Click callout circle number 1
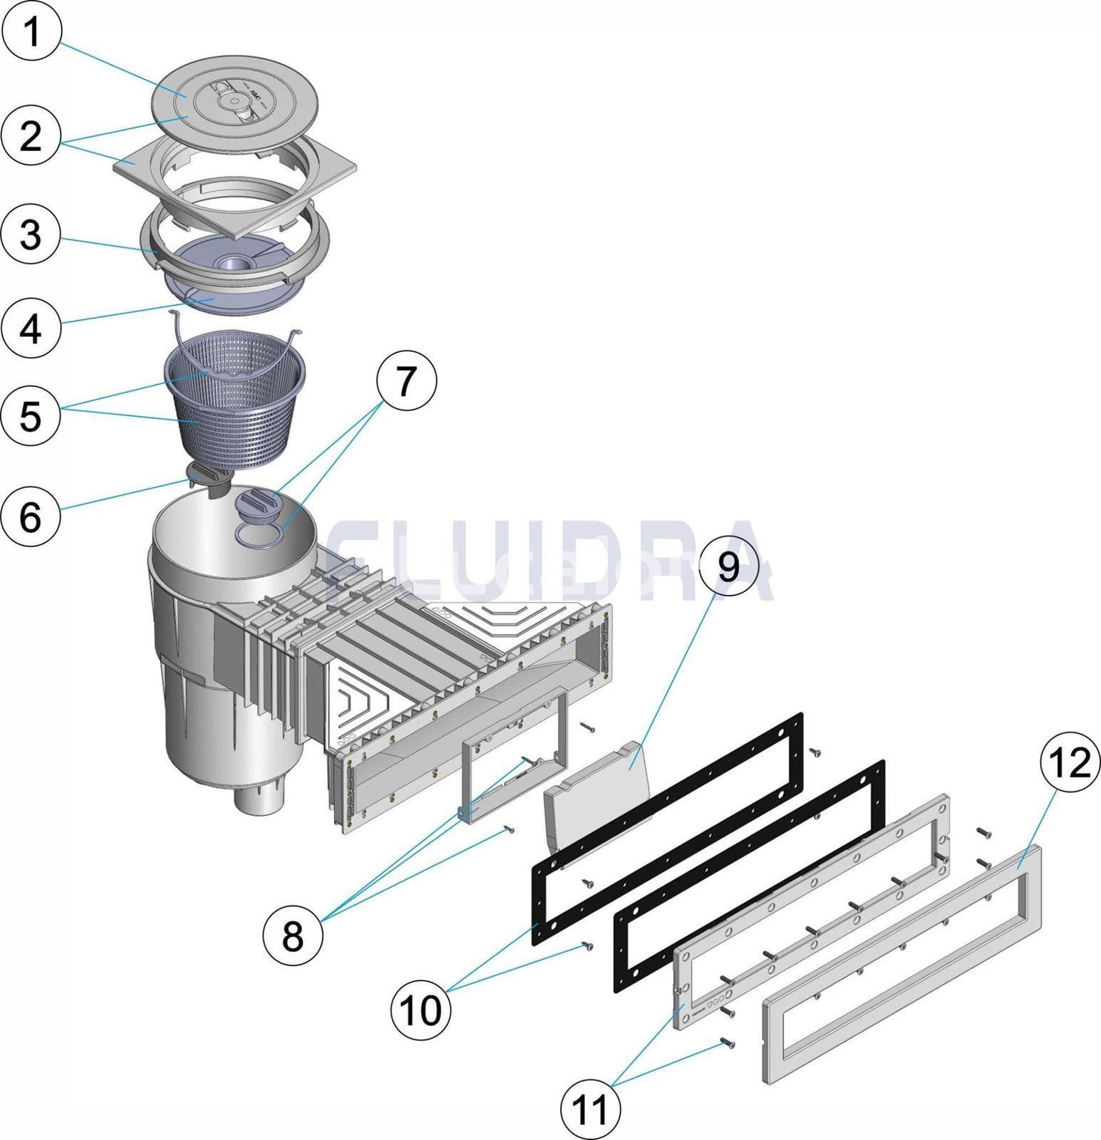[x=31, y=32]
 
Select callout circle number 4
[x=31, y=329]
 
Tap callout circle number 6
[x=31, y=516]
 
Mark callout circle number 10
[x=421, y=1009]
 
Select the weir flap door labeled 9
[x=599, y=791]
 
